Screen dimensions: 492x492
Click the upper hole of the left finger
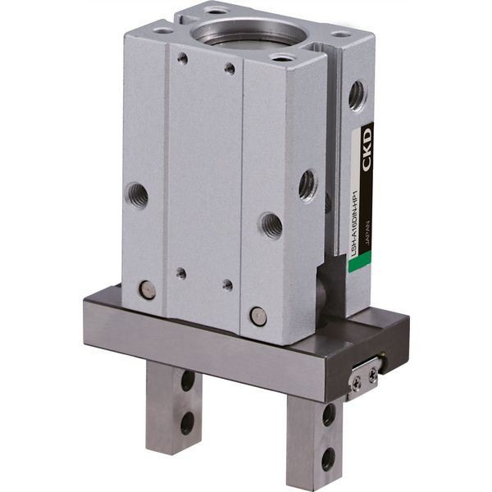[189, 380]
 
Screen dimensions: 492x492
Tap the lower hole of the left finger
[188, 422]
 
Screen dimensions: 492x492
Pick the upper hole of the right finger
[329, 414]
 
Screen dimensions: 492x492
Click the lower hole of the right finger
[328, 456]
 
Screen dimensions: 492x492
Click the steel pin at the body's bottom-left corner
[147, 289]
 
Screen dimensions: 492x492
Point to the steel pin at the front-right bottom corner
[258, 314]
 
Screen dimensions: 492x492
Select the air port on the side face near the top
[358, 94]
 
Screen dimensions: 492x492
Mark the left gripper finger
[174, 405]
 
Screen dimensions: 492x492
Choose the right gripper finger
[316, 439]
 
